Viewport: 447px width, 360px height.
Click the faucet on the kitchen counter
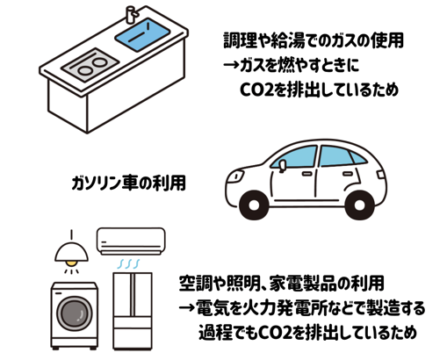coord(131,15)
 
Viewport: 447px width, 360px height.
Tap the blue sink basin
coord(142,34)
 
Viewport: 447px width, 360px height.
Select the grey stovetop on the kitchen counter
coord(90,65)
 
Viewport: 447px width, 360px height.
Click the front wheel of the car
coord(254,205)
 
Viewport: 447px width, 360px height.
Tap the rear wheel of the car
coord(359,205)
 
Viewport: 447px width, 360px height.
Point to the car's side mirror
coord(282,166)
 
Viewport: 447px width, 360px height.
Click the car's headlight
coord(236,176)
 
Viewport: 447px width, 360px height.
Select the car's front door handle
coord(306,174)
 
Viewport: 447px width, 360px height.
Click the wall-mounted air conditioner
coord(131,241)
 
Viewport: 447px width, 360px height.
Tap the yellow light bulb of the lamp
coord(71,263)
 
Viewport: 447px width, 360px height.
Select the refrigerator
coord(133,311)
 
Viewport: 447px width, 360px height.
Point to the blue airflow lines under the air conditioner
coord(128,263)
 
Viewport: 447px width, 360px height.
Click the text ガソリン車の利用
coord(128,183)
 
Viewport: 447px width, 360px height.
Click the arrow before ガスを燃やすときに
coord(231,64)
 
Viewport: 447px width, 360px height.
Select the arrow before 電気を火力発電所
coord(186,307)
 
